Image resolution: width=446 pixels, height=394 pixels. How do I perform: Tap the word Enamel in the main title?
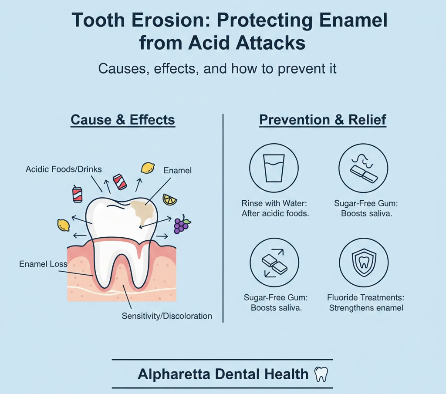pos(353,20)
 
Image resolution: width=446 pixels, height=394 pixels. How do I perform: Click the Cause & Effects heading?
pos(122,120)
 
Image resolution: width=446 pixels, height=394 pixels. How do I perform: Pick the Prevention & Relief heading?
pos(323,120)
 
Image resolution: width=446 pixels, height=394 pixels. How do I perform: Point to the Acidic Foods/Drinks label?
pos(64,169)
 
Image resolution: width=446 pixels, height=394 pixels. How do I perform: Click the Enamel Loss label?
pos(43,264)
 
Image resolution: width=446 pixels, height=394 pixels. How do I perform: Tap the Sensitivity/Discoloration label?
pos(167,316)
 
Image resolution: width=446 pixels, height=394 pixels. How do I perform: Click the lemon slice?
pos(170,199)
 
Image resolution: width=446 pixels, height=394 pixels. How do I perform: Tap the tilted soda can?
pos(120,182)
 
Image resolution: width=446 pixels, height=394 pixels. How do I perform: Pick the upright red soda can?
pos(78,195)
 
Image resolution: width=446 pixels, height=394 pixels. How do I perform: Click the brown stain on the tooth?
pos(144,211)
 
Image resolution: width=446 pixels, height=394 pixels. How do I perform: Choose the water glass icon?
pos(274,168)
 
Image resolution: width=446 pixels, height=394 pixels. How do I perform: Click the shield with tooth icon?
pos(364,263)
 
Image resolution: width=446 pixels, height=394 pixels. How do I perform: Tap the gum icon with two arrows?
pos(274,263)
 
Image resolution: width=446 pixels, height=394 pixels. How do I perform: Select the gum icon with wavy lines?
pos(363,168)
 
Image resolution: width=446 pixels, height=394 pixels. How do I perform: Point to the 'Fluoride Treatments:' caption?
pos(365,298)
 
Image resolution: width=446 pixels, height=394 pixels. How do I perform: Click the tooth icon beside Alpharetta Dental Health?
pos(321,374)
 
